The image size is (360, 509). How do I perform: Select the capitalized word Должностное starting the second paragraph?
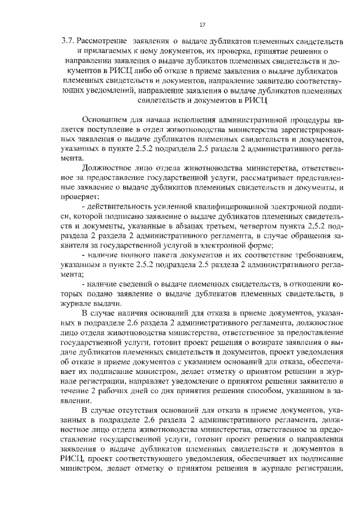point(107,168)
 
